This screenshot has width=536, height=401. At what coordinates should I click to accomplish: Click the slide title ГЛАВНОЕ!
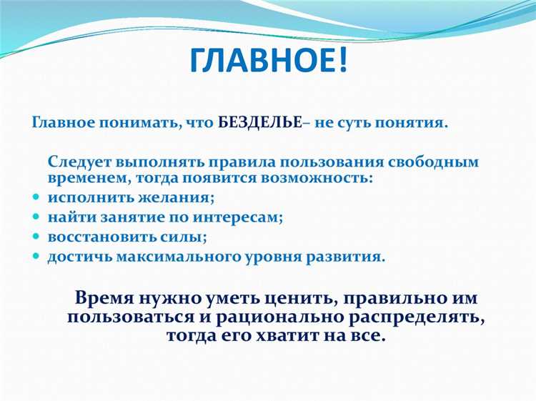tap(268, 61)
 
